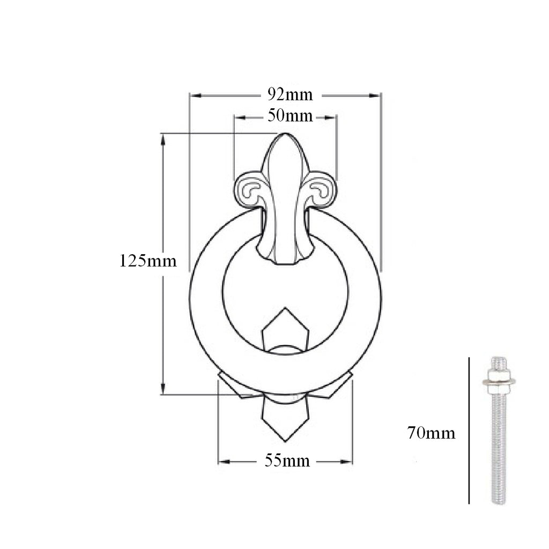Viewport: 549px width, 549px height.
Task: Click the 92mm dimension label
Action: [x=290, y=95]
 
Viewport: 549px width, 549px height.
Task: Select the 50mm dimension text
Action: [x=290, y=116]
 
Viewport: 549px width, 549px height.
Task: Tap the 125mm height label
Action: [x=148, y=261]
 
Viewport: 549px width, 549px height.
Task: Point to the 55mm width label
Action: [x=287, y=461]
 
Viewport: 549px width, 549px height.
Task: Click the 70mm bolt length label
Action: [x=431, y=433]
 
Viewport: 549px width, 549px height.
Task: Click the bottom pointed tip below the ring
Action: [x=285, y=441]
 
